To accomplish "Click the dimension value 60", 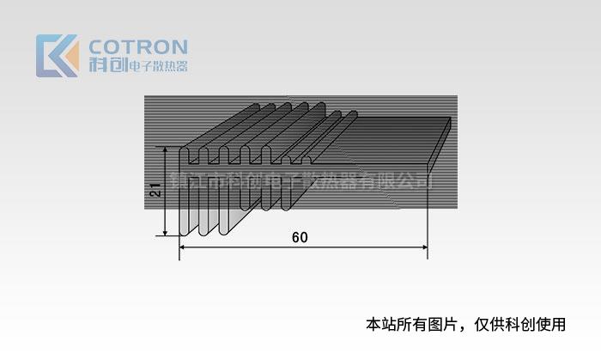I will point(299,237).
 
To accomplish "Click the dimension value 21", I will point(155,191).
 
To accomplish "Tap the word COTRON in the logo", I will point(137,46).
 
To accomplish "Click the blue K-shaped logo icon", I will point(54,55).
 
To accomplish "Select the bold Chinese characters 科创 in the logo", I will point(106,65).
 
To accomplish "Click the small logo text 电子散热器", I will point(156,66).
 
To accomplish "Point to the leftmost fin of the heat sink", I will point(184,193).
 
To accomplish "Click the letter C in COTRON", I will point(96,46).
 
